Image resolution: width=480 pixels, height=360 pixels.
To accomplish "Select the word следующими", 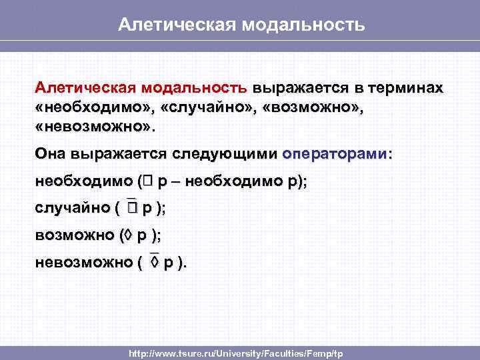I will pos(225,154).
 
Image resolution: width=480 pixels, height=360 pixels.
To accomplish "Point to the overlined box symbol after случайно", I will pos(132,208).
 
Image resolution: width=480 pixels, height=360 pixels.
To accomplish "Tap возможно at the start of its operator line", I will pos(75,235).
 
